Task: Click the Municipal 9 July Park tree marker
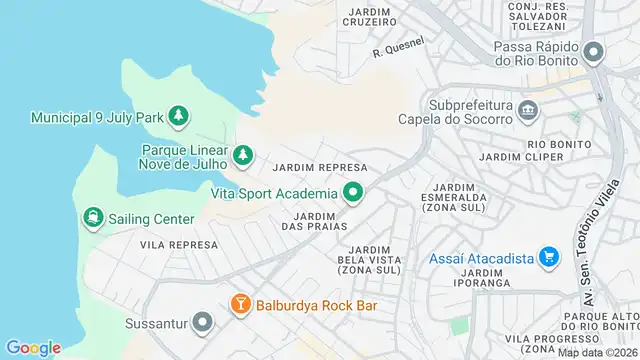pyautogui.click(x=178, y=117)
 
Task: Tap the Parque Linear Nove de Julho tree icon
pyautogui.click(x=242, y=155)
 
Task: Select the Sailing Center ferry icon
pyautogui.click(x=93, y=218)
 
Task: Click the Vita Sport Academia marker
pyautogui.click(x=352, y=192)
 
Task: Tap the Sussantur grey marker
pyautogui.click(x=203, y=323)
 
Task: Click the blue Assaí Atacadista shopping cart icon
pyautogui.click(x=548, y=258)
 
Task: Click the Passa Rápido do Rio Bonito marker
pyautogui.click(x=595, y=52)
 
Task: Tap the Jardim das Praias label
pyautogui.click(x=320, y=221)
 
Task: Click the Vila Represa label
pyautogui.click(x=179, y=244)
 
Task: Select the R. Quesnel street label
pyautogui.click(x=398, y=47)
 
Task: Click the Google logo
pyautogui.click(x=33, y=348)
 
